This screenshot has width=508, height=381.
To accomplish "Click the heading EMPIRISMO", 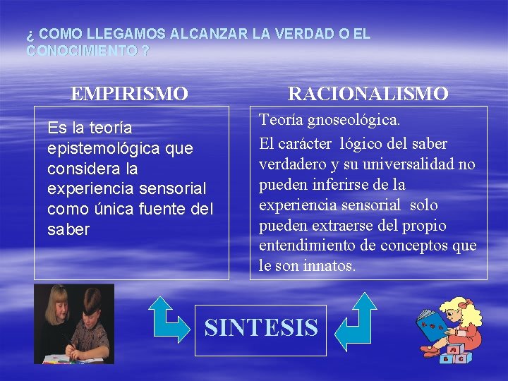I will point(129,93).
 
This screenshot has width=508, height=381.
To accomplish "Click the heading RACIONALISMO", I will point(368,93).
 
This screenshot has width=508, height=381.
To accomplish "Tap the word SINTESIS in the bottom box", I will point(261,327).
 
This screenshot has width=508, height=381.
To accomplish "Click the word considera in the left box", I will point(82,169).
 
